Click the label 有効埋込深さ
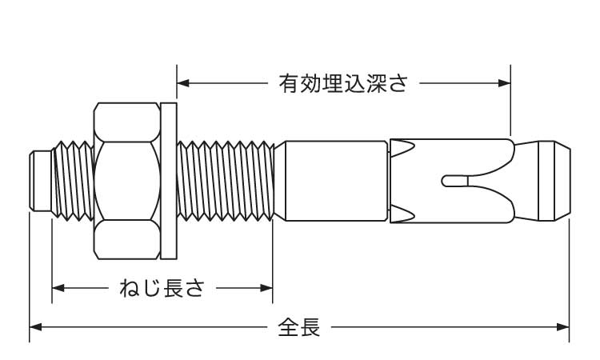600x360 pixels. [343, 83]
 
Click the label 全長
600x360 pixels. [299, 327]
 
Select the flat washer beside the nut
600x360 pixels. [168, 181]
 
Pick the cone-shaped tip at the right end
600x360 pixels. [552, 181]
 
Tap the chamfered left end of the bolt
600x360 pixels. [35, 181]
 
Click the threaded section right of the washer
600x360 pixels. [224, 181]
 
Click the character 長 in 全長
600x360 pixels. [310, 327]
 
